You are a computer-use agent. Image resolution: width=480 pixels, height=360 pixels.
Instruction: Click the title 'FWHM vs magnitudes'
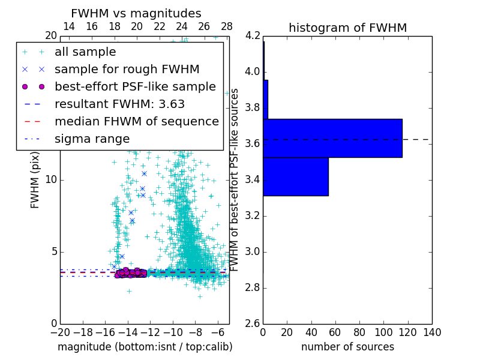coord(136,14)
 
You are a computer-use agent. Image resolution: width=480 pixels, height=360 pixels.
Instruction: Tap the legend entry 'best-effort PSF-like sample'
coord(135,86)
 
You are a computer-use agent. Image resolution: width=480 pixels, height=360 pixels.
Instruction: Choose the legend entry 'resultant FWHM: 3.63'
coord(119,104)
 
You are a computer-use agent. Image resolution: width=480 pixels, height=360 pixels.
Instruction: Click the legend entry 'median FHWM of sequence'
coord(136,121)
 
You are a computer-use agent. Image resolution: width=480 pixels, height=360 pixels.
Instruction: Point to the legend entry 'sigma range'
coord(92,139)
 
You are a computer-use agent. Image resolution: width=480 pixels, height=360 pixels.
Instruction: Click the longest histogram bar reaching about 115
coord(332,138)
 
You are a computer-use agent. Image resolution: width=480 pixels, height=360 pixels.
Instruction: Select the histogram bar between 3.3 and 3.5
coord(295,176)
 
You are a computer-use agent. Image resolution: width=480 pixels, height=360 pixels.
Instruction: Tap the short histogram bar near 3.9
coord(265,99)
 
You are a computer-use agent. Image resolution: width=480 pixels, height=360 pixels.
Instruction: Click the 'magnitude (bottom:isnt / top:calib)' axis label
coord(145,347)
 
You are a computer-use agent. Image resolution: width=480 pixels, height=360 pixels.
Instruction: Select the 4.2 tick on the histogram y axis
coord(253,36)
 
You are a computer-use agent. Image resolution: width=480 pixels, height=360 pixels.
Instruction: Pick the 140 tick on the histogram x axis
coord(431,332)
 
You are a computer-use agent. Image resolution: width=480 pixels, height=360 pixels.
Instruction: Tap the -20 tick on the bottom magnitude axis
coord(60,332)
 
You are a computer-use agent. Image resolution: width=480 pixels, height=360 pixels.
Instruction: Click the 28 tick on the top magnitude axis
coord(227,26)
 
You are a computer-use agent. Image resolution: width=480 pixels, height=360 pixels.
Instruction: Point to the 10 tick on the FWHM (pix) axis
coord(51,180)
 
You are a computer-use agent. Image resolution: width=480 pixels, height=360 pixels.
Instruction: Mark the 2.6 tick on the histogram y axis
coord(253,323)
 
